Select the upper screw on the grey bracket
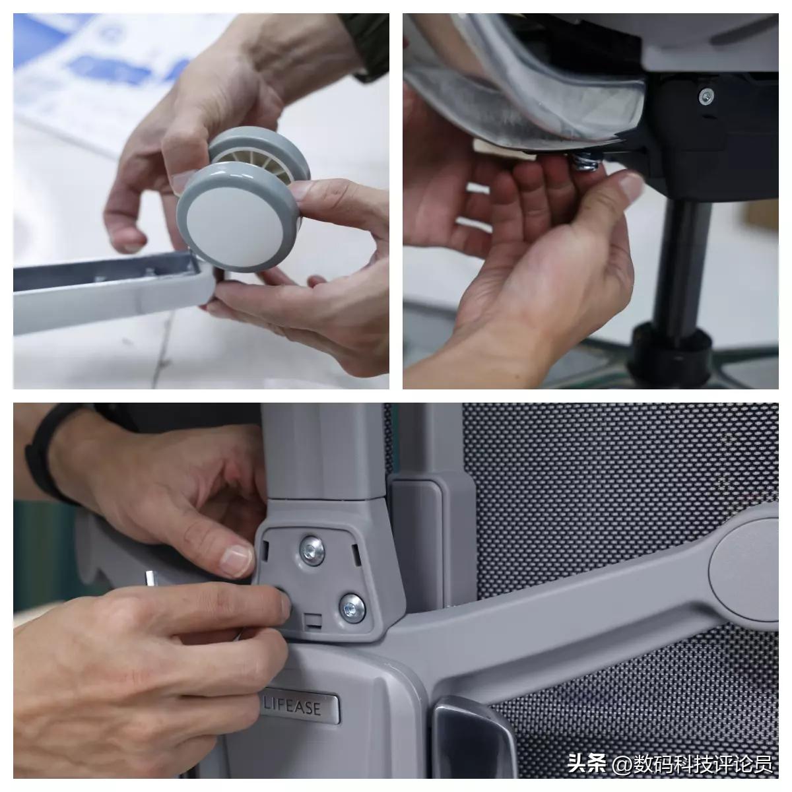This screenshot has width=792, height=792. pos(312,550)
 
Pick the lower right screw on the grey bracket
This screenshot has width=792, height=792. pos(352,608)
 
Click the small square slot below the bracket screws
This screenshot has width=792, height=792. pos(313,619)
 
